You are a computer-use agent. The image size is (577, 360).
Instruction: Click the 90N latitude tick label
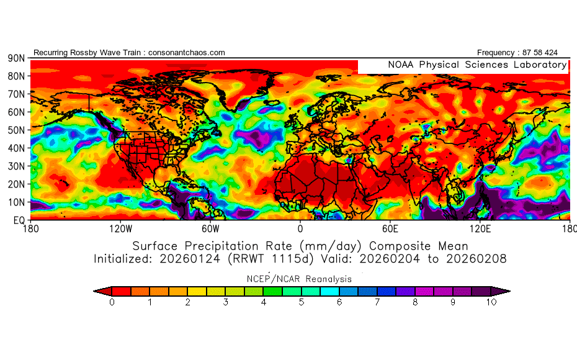(x=16, y=58)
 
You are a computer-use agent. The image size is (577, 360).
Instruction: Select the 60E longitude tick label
(x=390, y=228)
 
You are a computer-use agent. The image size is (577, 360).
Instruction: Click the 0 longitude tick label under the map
(x=300, y=228)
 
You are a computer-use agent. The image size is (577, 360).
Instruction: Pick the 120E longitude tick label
(x=481, y=228)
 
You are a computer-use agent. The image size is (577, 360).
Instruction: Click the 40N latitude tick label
(x=16, y=148)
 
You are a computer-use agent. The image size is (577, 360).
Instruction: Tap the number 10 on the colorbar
(x=491, y=302)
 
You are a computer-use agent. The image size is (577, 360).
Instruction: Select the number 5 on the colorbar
(x=302, y=302)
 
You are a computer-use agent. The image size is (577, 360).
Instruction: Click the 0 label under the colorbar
(x=112, y=302)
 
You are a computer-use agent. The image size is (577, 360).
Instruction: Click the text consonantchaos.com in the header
(x=187, y=53)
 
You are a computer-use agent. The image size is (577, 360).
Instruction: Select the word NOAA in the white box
(x=401, y=65)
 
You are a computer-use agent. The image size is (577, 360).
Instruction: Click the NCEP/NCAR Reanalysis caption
(x=301, y=279)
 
